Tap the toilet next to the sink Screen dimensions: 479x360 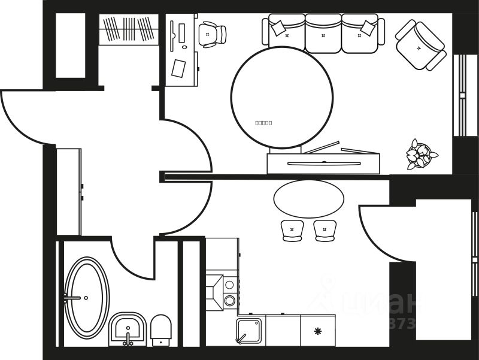(x=161, y=330)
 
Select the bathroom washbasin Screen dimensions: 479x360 (x=128, y=329)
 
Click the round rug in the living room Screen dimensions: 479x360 (x=281, y=97)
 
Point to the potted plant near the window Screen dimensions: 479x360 (x=420, y=154)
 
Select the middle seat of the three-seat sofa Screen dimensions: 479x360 (x=323, y=34)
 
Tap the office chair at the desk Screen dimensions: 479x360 (x=211, y=34)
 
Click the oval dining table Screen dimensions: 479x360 (x=309, y=199)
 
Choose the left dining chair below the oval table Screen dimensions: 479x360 (x=292, y=230)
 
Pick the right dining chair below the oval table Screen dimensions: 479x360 (x=325, y=230)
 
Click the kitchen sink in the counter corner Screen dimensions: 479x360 (x=248, y=331)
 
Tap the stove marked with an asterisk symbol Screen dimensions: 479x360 (x=317, y=331)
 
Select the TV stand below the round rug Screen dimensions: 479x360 (x=323, y=164)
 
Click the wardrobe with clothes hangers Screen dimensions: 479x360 (x=128, y=29)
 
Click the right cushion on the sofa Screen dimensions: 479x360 (x=368, y=28)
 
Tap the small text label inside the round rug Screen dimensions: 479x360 (x=263, y=123)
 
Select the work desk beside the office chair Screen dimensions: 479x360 (x=181, y=51)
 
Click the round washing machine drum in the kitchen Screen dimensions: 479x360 (x=229, y=301)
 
